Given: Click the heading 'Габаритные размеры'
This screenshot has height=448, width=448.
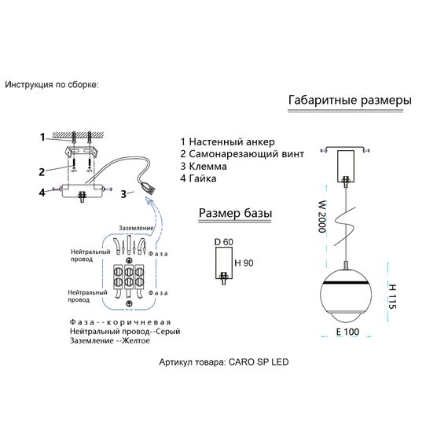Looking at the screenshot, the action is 350,101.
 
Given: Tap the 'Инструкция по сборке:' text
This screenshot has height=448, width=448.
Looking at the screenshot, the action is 52,85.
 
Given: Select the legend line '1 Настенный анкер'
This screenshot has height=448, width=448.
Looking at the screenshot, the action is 228,141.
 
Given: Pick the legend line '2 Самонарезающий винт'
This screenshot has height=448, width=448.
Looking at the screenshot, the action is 242,154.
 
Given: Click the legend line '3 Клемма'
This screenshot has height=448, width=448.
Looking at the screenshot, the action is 204,167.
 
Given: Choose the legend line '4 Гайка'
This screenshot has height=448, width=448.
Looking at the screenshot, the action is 198,178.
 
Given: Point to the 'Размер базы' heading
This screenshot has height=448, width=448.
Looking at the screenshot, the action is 235,214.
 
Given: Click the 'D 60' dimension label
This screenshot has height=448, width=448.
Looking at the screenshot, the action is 224,242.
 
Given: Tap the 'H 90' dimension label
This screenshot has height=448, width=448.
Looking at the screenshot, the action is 244,263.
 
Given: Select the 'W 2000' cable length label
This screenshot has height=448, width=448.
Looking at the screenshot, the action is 322,217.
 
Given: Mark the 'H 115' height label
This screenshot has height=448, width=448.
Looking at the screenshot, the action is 392,296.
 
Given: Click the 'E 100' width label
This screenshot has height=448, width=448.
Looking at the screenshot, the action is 347,332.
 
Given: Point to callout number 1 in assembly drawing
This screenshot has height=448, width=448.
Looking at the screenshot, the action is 42,138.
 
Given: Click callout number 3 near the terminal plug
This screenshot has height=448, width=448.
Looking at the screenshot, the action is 123,194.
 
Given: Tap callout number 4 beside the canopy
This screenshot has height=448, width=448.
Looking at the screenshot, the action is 42,193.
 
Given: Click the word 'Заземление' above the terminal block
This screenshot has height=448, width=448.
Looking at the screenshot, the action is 136,228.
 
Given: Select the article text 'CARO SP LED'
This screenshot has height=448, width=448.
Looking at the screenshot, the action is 259,362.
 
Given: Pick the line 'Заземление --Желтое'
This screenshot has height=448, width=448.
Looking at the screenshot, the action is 110,340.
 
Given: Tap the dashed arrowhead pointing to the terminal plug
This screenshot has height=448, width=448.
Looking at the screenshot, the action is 149,201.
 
